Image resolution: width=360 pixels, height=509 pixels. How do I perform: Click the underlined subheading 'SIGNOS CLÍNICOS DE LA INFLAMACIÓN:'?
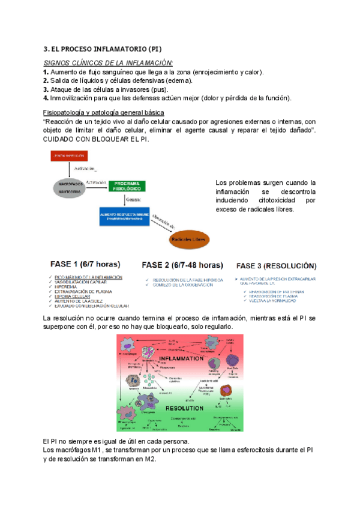click(109, 63)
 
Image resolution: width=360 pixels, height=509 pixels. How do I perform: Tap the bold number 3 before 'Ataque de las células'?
click(46, 89)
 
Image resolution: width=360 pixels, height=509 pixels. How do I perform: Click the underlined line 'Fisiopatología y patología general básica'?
click(107, 113)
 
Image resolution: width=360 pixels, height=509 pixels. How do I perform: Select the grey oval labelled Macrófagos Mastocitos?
click(67, 187)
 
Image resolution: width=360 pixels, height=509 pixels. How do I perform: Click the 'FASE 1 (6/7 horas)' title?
click(83, 264)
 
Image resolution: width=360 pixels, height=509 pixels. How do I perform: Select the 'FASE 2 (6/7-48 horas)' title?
click(182, 265)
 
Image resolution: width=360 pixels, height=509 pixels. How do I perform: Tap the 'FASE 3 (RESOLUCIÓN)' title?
click(277, 265)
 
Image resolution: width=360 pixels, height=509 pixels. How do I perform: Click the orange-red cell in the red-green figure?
click(229, 390)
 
